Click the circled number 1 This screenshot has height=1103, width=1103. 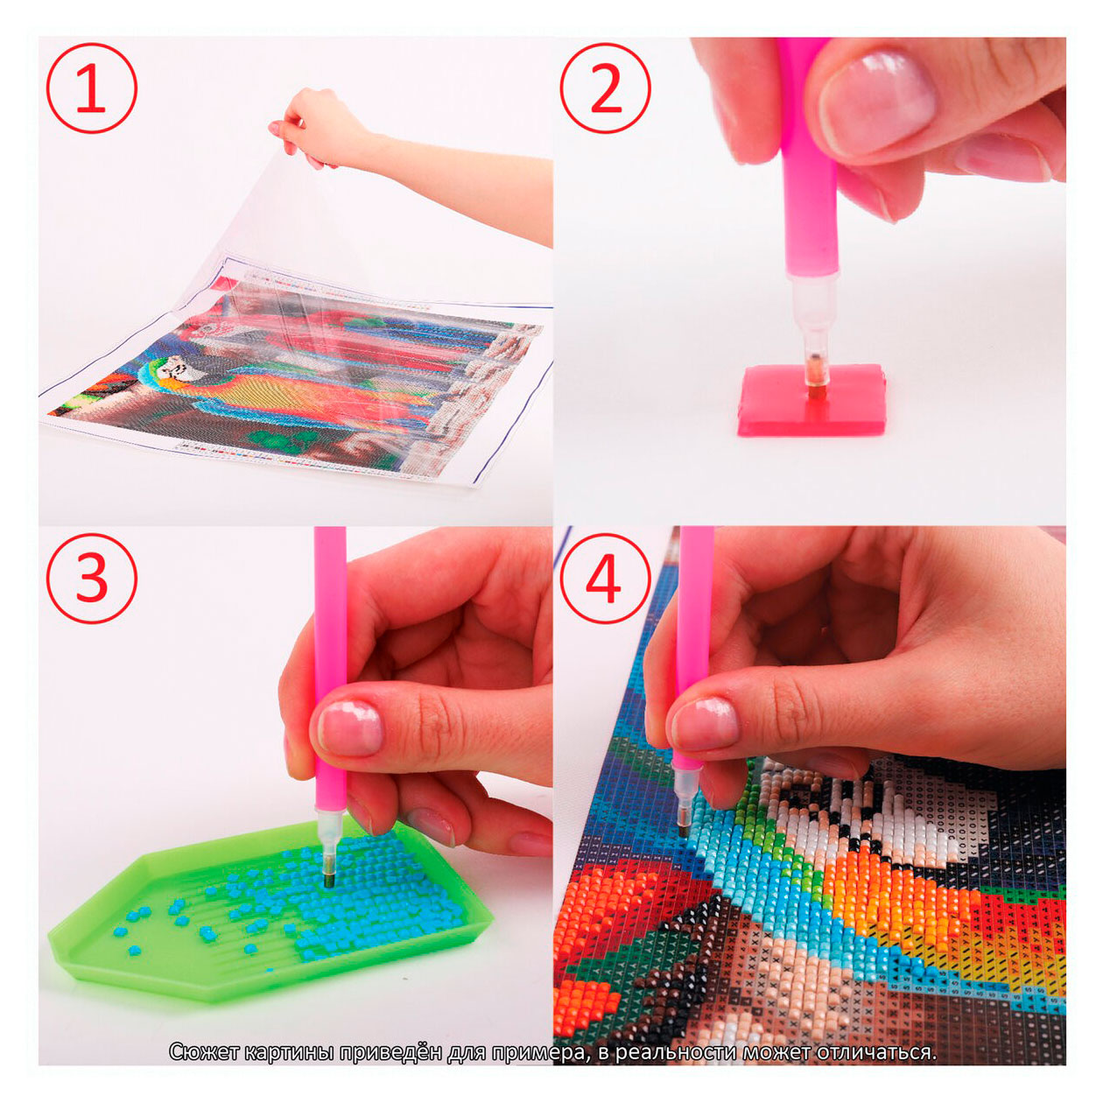tap(92, 88)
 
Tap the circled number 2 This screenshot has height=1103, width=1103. tap(605, 88)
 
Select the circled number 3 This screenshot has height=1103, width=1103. tap(92, 578)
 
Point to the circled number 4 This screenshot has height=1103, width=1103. tap(605, 578)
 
